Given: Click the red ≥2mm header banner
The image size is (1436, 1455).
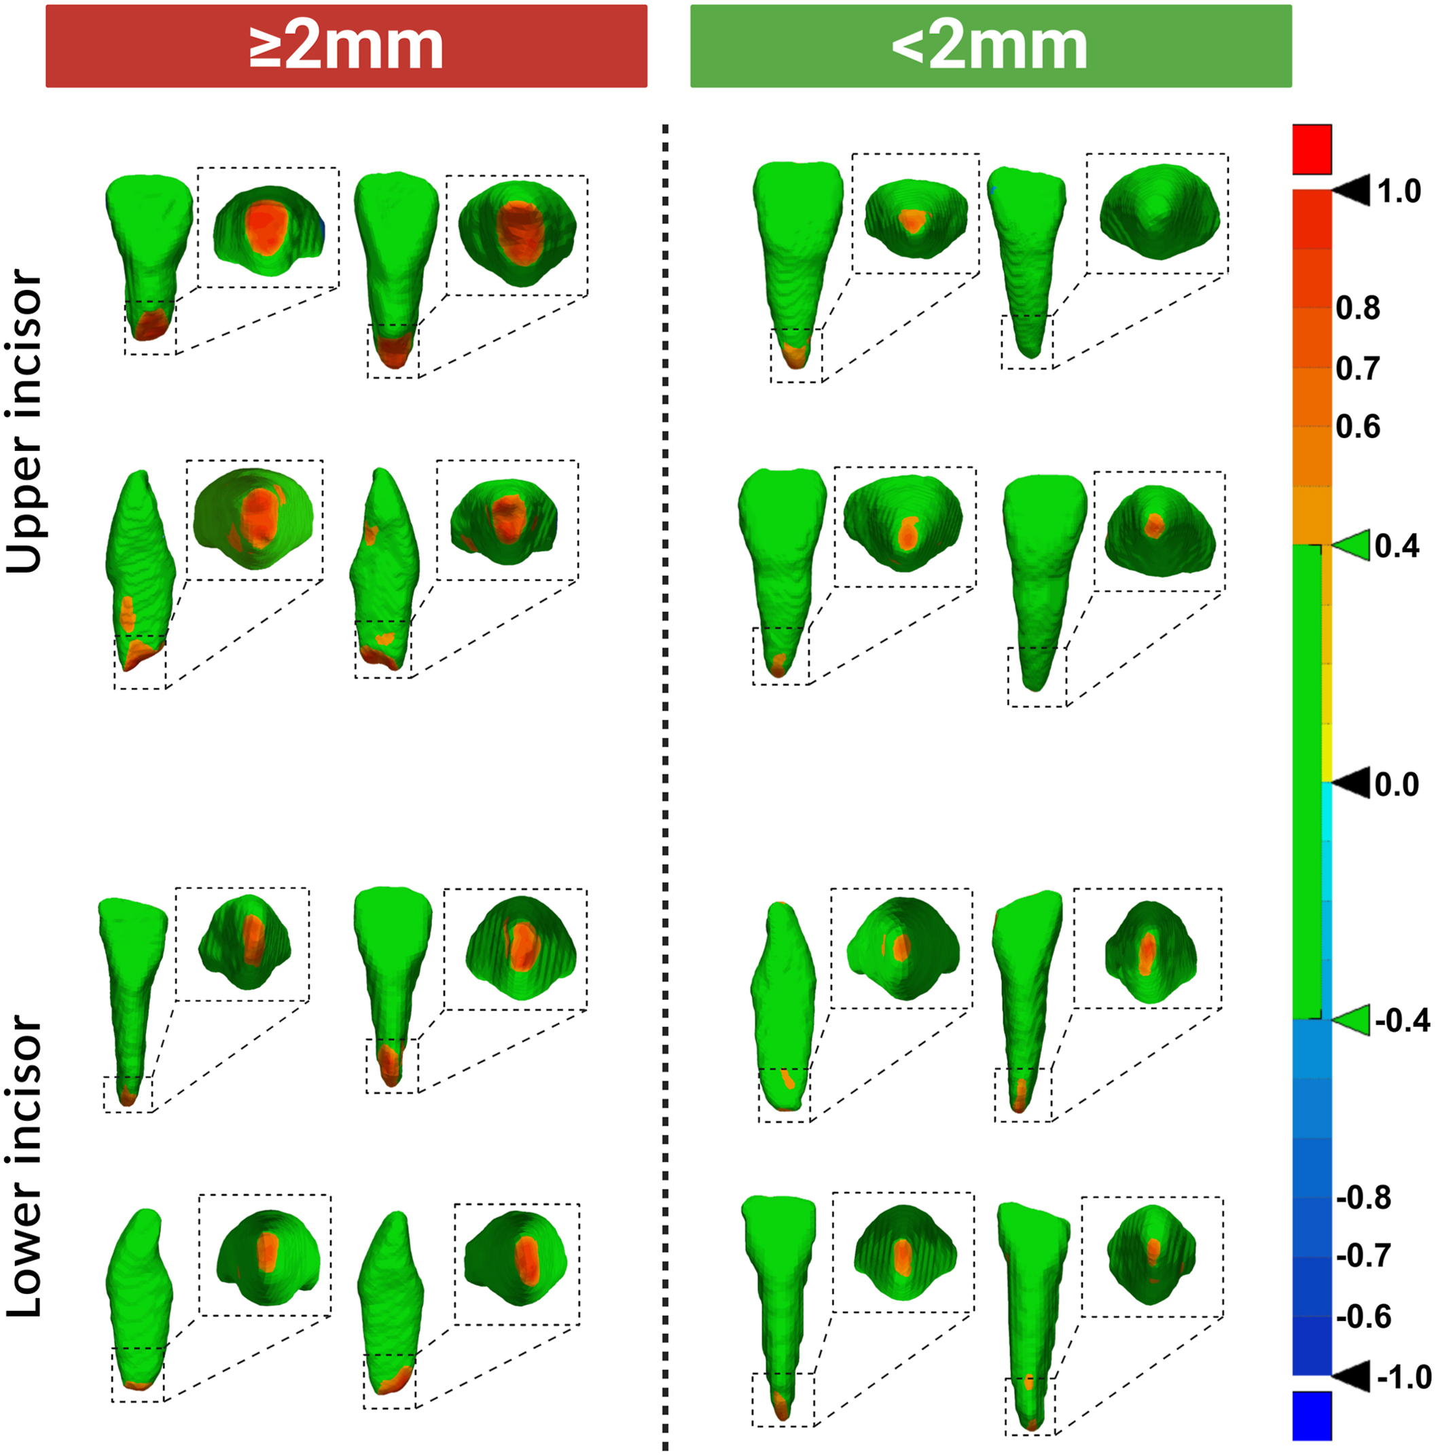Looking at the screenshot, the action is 346,46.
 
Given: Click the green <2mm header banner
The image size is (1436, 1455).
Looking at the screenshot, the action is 991,46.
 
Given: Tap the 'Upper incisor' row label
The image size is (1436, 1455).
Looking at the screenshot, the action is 24,421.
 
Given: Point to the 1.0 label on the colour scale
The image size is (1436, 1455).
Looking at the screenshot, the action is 1399,192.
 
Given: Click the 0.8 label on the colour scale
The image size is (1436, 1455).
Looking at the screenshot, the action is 1358,308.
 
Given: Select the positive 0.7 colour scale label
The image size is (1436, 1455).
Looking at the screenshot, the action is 1358,368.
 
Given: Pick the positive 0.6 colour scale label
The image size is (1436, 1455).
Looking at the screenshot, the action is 1358,427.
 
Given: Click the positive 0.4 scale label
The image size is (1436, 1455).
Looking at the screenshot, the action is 1397,546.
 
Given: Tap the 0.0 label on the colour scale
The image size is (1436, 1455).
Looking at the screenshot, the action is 1397,784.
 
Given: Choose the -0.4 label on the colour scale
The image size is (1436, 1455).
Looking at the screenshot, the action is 1402,1020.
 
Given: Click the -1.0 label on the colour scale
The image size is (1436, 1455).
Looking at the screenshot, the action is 1404,1378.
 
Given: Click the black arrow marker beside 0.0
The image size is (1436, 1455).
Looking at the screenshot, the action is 1351,784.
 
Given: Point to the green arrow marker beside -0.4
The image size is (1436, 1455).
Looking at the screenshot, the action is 1351,1020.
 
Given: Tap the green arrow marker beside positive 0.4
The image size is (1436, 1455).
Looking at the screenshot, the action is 1351,546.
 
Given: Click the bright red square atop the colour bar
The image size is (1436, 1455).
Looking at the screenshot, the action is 1312,149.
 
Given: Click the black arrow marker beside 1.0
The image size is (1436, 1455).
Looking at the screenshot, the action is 1351,192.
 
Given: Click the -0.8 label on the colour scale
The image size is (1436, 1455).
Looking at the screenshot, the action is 1363,1198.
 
